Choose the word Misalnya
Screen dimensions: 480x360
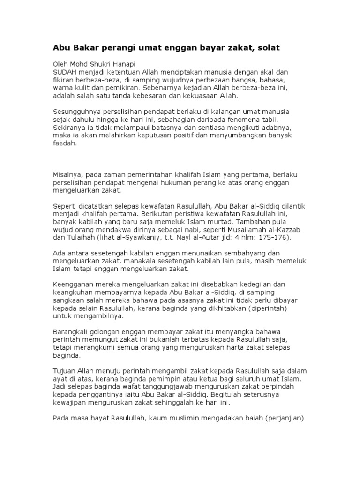[x=67, y=175]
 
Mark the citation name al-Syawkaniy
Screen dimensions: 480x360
[x=136, y=238]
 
